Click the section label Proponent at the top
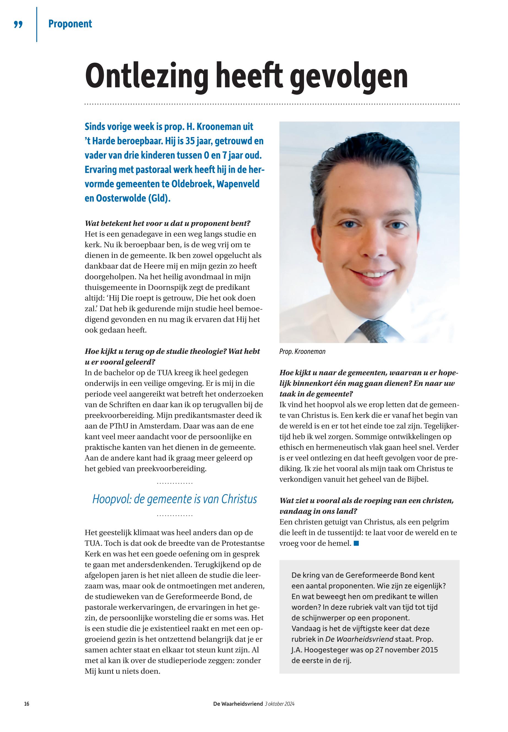point(70,24)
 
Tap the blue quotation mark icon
point(18,24)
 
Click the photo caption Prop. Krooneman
point(302,351)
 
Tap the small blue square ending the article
point(356,543)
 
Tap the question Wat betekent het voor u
point(167,223)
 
